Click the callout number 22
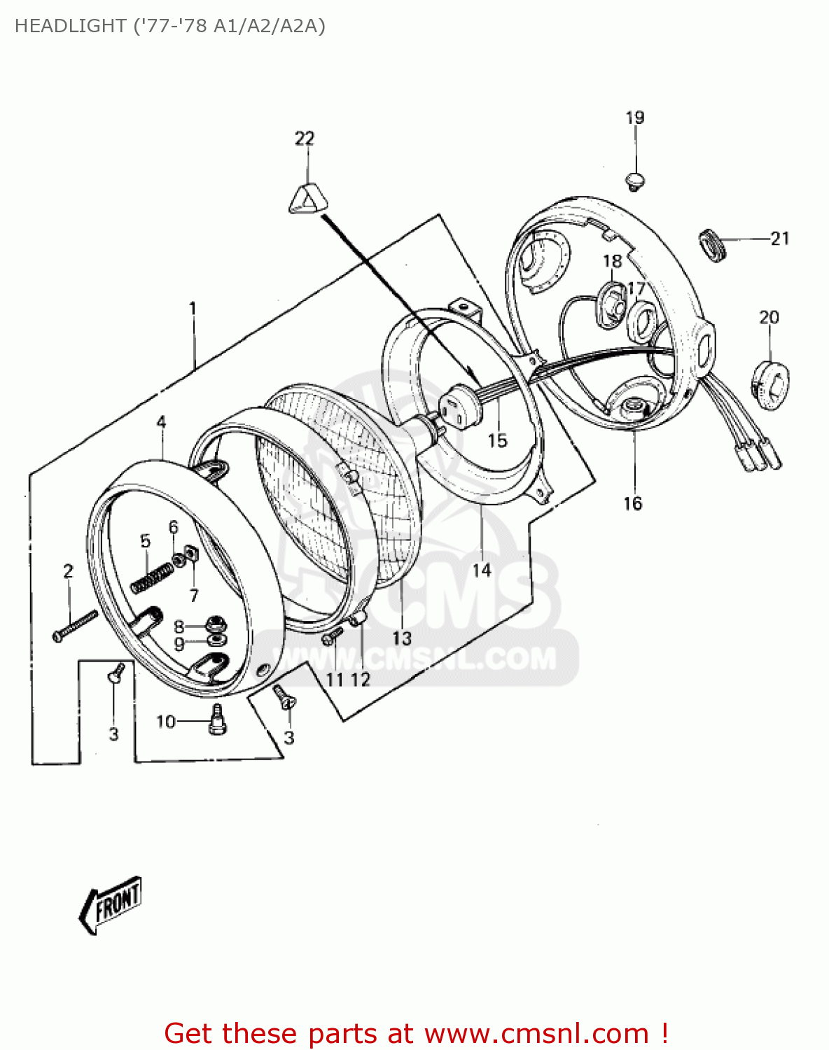tap(305, 139)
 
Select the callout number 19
tap(634, 118)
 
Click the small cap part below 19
tap(635, 181)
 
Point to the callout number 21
tap(780, 239)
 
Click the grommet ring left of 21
tap(713, 246)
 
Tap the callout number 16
tap(632, 503)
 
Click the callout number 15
tap(497, 440)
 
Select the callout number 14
tap(482, 570)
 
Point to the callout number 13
tap(402, 638)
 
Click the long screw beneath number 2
tap(74, 626)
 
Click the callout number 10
tap(165, 721)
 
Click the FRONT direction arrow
tap(111, 904)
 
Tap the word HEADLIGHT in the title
tap(70, 26)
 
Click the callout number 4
tap(161, 422)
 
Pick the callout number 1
tap(193, 308)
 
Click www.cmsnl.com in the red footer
tap(536, 1033)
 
